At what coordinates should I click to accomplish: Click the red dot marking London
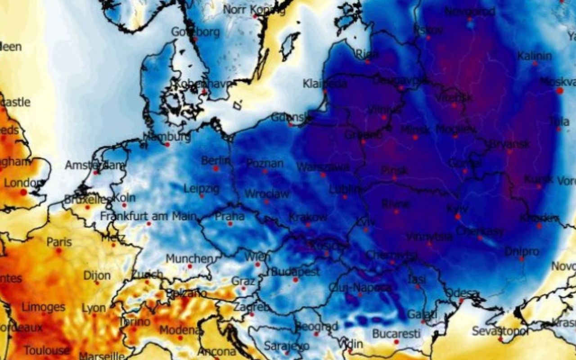(x=23, y=192)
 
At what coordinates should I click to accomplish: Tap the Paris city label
(x=59, y=242)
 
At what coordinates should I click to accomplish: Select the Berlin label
(x=216, y=160)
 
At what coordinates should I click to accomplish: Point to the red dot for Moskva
(x=560, y=90)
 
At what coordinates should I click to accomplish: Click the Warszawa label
(x=323, y=167)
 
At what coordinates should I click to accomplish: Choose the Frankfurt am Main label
(x=148, y=216)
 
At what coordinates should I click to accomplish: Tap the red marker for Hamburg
(x=167, y=144)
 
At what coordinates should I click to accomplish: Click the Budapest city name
(x=295, y=272)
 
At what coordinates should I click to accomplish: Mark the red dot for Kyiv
(x=458, y=216)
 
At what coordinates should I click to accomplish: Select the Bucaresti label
(x=396, y=334)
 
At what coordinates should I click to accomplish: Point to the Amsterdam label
(x=95, y=165)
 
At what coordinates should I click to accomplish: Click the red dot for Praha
(x=230, y=224)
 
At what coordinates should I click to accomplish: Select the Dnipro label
(x=522, y=252)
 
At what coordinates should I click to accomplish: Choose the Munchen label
(x=189, y=259)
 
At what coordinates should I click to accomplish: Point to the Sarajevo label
(x=286, y=346)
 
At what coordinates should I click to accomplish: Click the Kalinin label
(x=534, y=56)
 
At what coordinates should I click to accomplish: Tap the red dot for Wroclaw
(x=266, y=202)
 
